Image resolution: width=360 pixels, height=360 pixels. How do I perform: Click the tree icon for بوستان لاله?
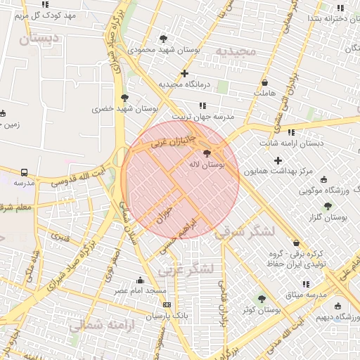point(207,153)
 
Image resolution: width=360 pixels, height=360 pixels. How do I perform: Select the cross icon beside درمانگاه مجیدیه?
point(184,73)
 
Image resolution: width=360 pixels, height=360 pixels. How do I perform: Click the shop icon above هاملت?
point(264,82)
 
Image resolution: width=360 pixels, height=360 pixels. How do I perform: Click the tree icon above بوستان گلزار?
point(328,206)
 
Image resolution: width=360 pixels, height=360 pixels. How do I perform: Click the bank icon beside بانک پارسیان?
point(167,304)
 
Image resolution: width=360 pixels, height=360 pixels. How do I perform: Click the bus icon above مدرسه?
point(25,172)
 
